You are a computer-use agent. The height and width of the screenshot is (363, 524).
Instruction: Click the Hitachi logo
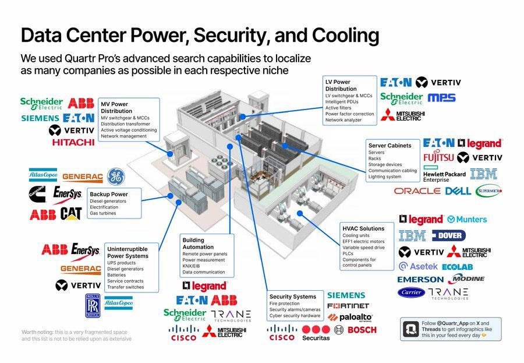click(73, 142)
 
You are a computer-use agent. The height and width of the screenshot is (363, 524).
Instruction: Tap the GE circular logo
click(115, 176)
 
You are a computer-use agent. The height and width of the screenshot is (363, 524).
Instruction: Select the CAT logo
click(70, 214)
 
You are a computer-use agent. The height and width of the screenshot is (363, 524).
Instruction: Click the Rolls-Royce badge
click(92, 305)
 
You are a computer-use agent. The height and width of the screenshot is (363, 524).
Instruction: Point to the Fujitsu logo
click(438, 157)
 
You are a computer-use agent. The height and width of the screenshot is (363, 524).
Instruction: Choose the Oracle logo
click(416, 191)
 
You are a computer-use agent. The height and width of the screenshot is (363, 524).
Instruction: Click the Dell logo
click(458, 191)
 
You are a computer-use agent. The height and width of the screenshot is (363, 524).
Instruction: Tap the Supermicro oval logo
click(488, 191)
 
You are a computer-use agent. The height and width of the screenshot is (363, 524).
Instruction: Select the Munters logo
click(467, 220)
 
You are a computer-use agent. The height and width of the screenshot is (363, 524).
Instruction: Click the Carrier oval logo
click(411, 293)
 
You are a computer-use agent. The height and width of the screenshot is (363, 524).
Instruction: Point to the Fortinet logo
click(348, 306)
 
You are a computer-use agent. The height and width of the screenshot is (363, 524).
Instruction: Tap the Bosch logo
click(362, 330)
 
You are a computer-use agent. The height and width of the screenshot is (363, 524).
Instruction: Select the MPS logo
click(441, 97)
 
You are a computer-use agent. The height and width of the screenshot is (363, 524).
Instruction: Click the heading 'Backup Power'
click(108, 194)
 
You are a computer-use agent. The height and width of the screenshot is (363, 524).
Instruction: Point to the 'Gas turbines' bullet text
click(103, 213)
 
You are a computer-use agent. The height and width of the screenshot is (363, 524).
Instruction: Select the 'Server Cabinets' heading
click(390, 145)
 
